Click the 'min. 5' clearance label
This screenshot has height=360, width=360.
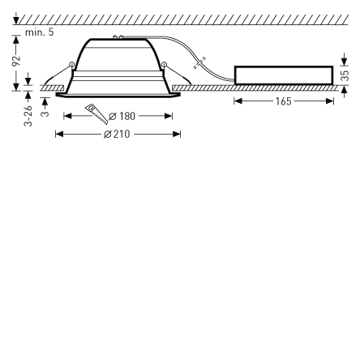(39, 32)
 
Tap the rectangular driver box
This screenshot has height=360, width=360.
(283, 75)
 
